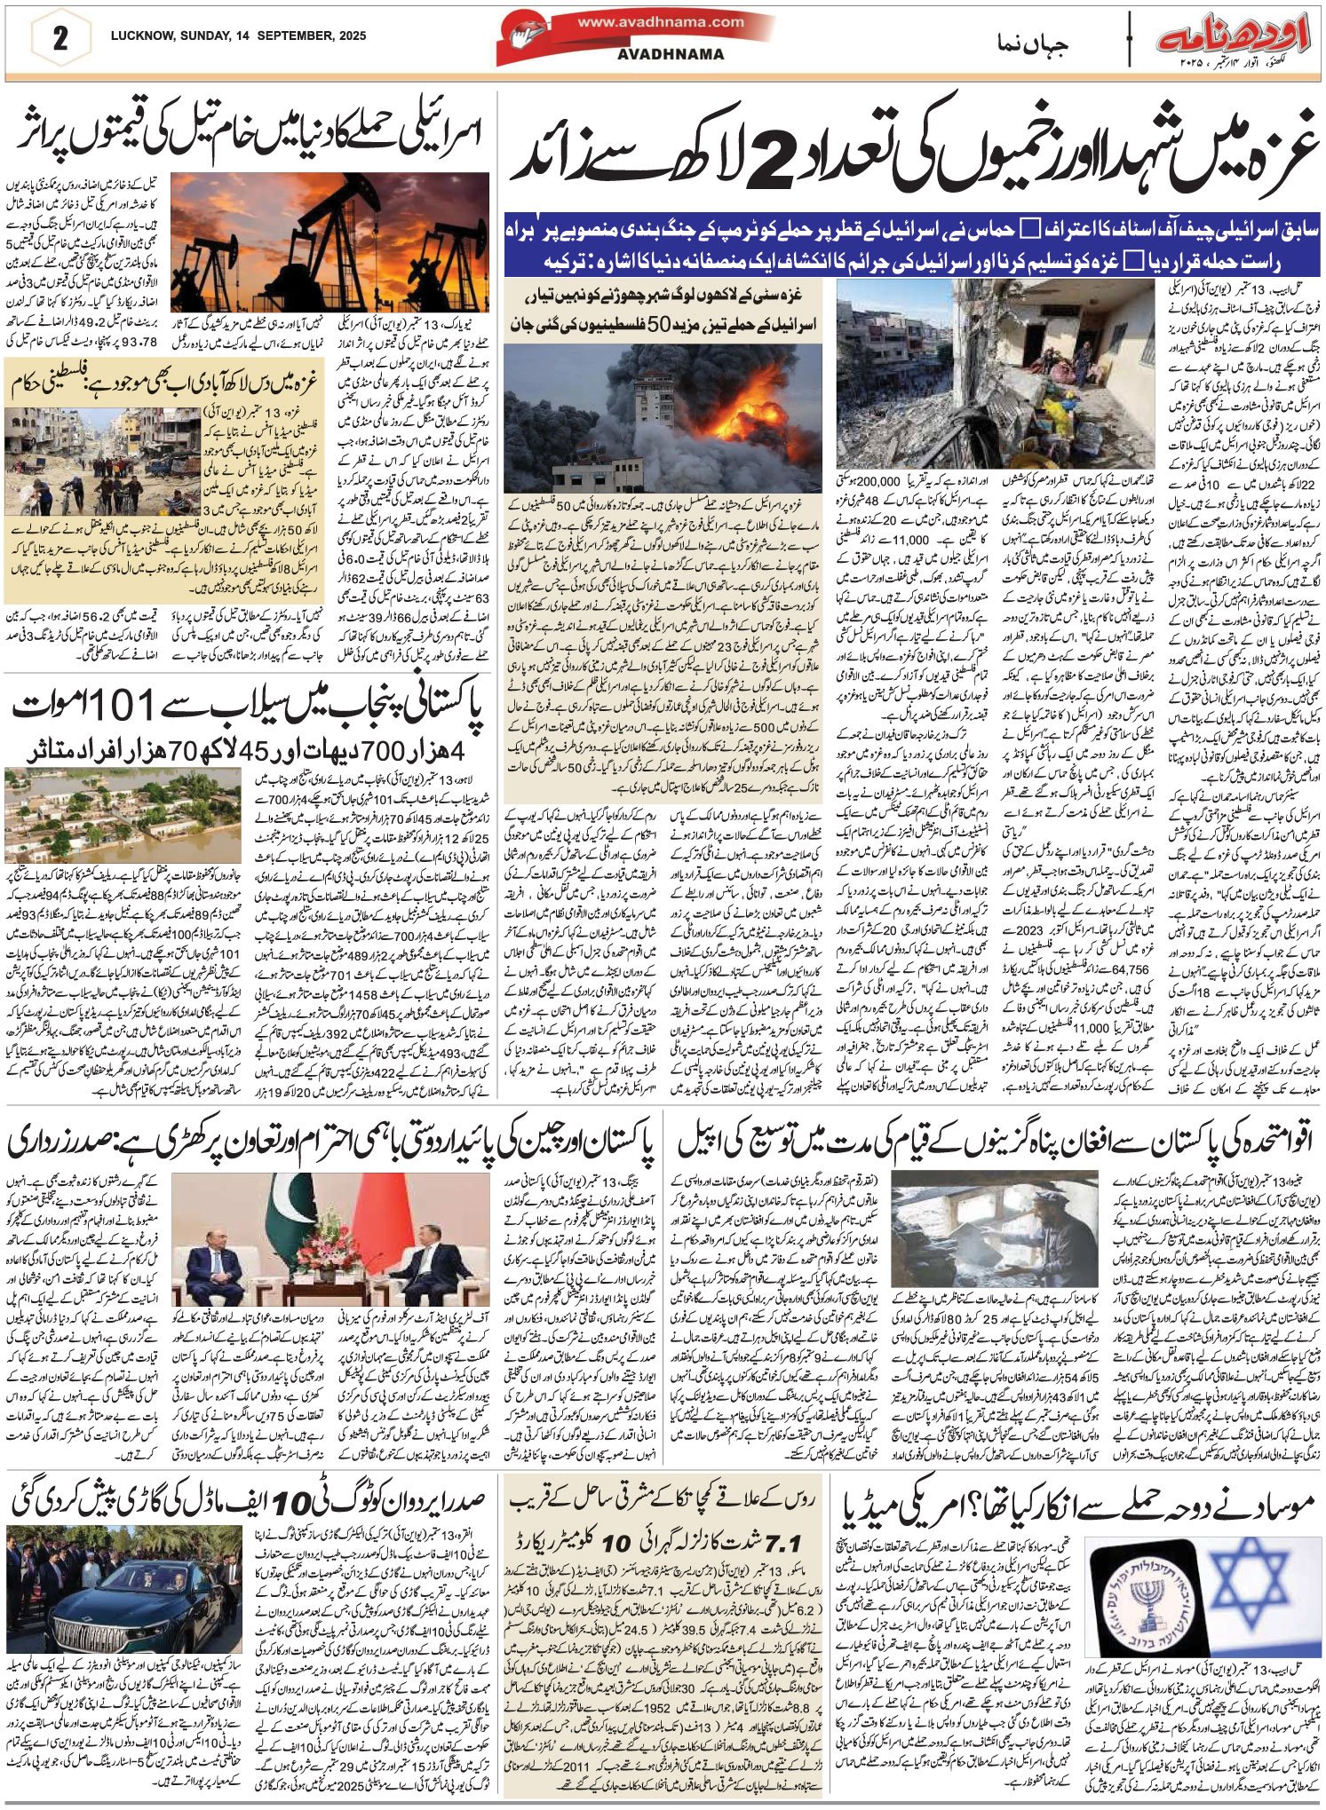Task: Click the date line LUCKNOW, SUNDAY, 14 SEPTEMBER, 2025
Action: point(238,36)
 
